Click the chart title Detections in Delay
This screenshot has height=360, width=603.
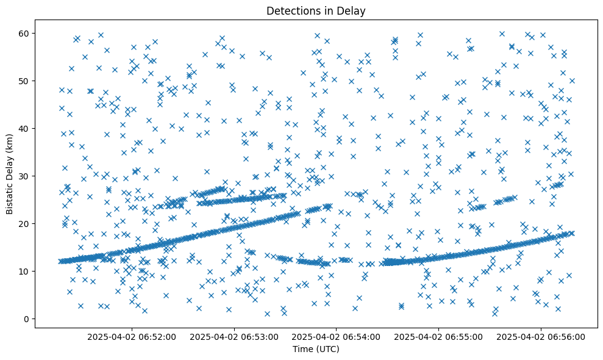(x=316, y=10)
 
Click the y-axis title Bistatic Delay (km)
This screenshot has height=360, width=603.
(x=10, y=174)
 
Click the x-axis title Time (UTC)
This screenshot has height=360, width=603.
(x=316, y=349)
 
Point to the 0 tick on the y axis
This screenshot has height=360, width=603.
(x=27, y=319)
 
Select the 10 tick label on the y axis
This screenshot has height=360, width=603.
(x=25, y=271)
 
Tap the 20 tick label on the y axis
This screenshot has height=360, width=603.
(x=25, y=223)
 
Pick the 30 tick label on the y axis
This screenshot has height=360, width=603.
(x=25, y=176)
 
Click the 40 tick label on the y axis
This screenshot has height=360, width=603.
(x=25, y=128)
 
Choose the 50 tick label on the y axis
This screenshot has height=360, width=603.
(x=25, y=81)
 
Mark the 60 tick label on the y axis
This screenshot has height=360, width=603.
(x=25, y=33)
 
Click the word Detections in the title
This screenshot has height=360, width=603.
(x=291, y=10)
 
